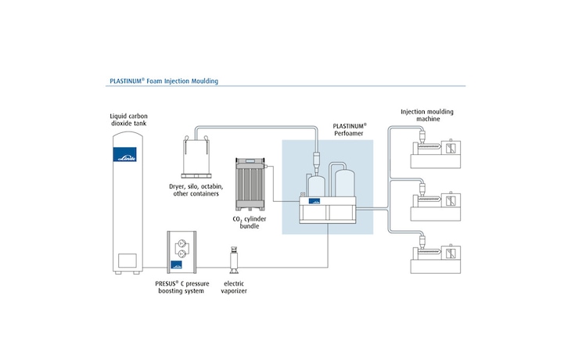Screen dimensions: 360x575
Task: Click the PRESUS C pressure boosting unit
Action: click(184, 254)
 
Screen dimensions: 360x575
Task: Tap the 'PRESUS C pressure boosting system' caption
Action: click(184, 286)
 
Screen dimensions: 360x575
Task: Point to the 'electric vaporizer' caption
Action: click(234, 286)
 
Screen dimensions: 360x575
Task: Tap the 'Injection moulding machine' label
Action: click(426, 116)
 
